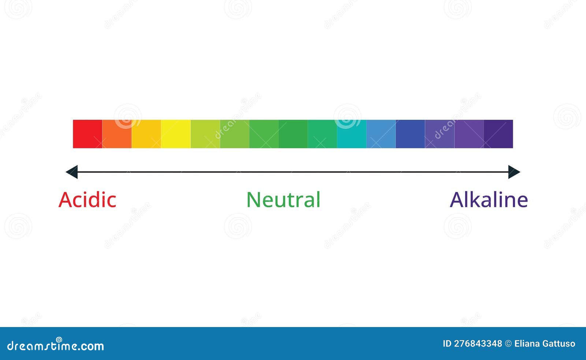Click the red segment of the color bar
click(x=88, y=134)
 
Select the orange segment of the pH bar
click(x=117, y=134)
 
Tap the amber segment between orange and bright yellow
click(x=146, y=134)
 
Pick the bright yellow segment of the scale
click(x=176, y=134)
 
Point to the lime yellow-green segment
click(x=205, y=134)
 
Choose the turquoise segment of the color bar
click(x=352, y=134)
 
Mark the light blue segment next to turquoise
click(x=381, y=134)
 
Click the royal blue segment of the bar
click(x=410, y=134)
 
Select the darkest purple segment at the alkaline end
click(x=498, y=134)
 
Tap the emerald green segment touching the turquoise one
click(x=322, y=134)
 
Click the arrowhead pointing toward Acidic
click(x=72, y=172)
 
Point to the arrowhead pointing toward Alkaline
click(x=514, y=172)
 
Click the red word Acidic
click(x=88, y=200)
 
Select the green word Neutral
click(x=283, y=200)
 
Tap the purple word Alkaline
click(x=489, y=200)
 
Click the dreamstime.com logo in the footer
click(x=56, y=345)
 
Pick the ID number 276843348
click(x=478, y=344)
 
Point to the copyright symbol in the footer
click(x=508, y=344)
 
